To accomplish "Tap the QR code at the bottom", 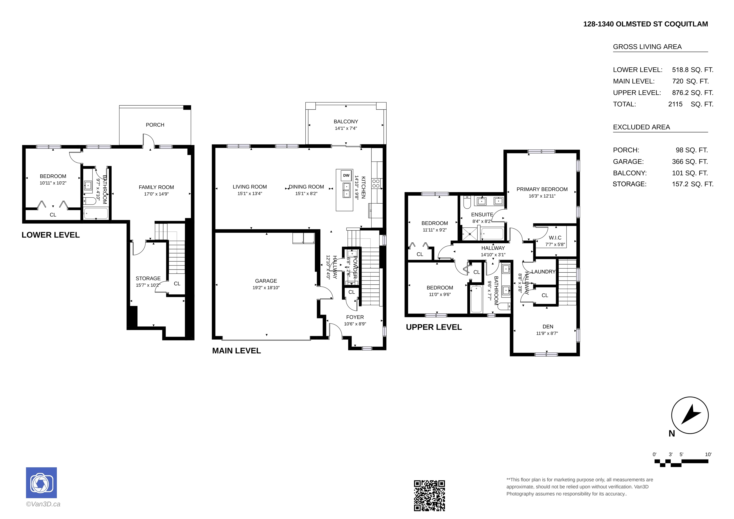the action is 429,495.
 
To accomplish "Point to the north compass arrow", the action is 691,415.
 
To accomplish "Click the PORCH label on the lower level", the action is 155,125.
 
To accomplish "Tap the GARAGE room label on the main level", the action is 266,281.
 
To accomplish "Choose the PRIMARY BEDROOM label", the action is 542,189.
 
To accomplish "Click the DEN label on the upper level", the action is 548,326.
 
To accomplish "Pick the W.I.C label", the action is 555,238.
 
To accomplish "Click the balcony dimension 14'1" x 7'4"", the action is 346,128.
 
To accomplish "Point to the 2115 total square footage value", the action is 675,104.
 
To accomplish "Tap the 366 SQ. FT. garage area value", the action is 690,162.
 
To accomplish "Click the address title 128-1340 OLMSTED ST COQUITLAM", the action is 645,24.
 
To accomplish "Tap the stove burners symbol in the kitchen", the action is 376,184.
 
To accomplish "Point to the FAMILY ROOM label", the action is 156,187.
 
